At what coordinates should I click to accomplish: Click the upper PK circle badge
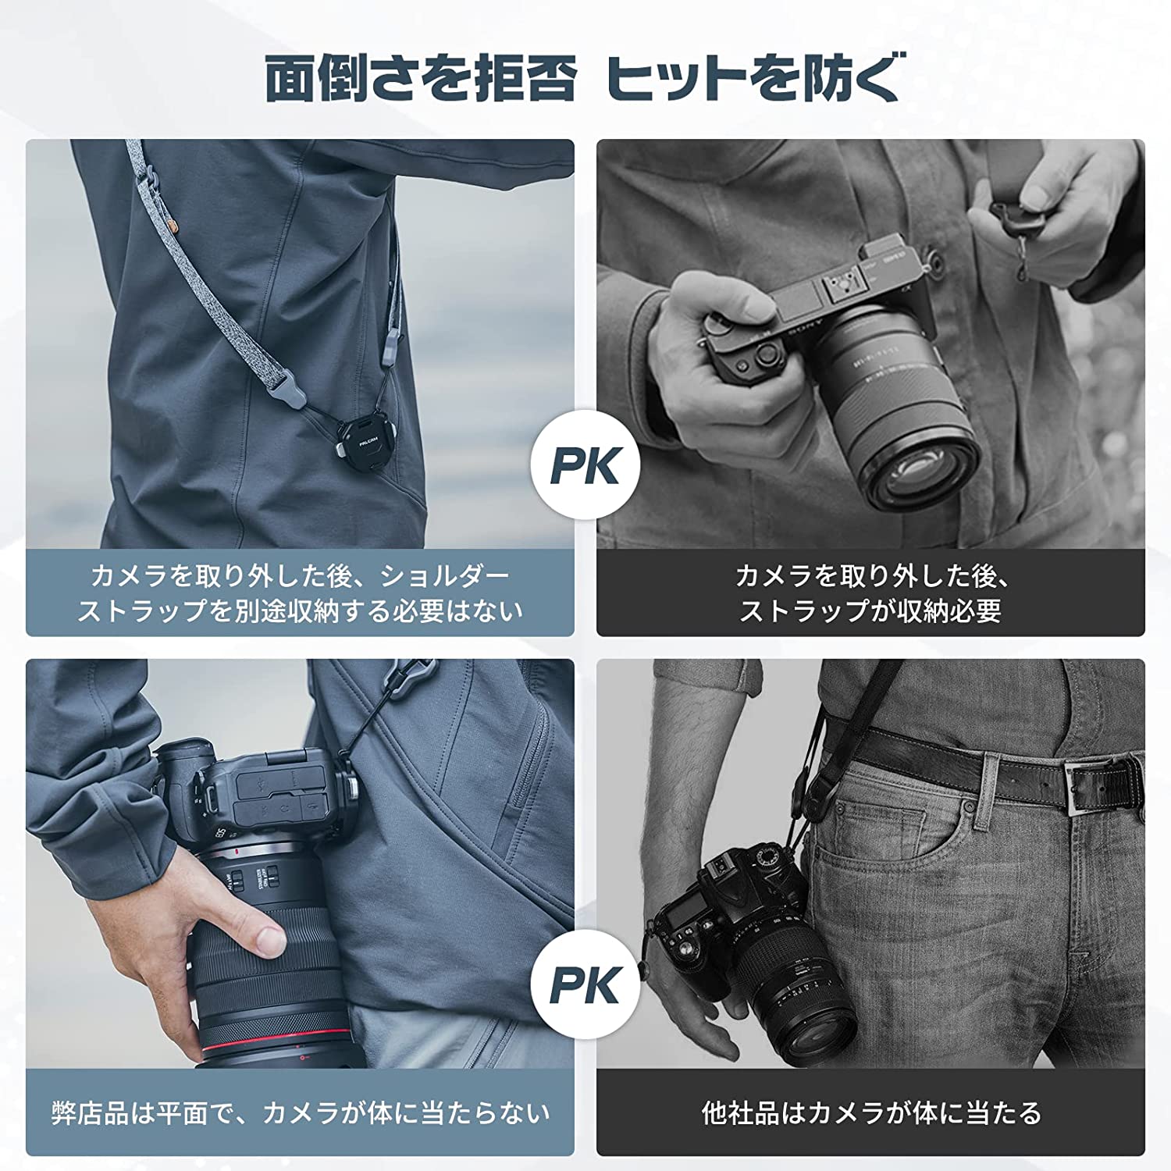point(585,466)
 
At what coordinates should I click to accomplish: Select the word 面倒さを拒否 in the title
point(422,78)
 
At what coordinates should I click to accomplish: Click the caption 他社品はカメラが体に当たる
point(870,1112)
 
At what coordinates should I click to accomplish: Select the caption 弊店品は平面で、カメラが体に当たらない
point(301,1112)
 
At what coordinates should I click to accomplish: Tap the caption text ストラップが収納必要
point(870,610)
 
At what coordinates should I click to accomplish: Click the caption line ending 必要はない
point(301,610)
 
